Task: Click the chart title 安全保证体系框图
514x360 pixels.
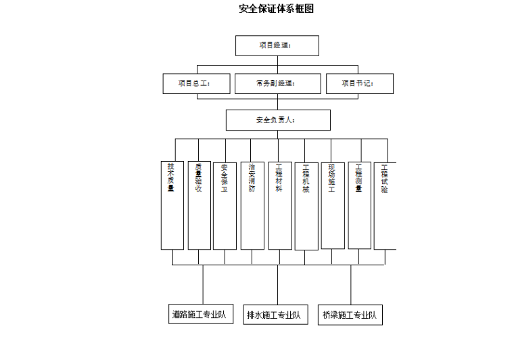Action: (x=277, y=9)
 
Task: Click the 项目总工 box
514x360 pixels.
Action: (x=195, y=83)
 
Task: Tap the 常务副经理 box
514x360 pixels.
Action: (x=278, y=83)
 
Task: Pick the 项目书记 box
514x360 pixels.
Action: (x=359, y=83)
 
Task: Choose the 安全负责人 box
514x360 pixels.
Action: (x=278, y=120)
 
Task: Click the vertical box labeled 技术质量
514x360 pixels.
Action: (x=172, y=204)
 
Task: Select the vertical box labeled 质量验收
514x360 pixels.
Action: (x=199, y=204)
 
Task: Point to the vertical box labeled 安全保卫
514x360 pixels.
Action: (x=225, y=205)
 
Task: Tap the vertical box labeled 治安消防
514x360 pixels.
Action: (x=252, y=205)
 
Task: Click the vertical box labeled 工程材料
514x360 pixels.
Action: (x=279, y=204)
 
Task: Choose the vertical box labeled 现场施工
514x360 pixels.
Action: (x=332, y=204)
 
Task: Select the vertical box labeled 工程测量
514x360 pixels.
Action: (x=359, y=204)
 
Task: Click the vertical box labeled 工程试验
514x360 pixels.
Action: (x=385, y=204)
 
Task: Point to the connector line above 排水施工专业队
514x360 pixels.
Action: (x=277, y=284)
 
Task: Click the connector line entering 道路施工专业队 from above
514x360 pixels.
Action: (x=203, y=284)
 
